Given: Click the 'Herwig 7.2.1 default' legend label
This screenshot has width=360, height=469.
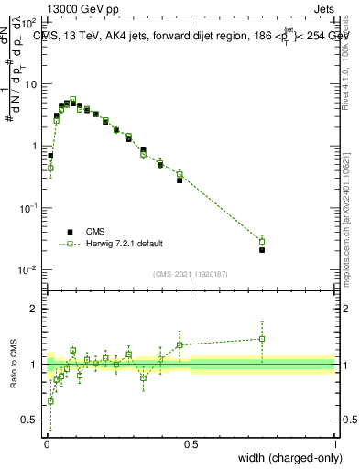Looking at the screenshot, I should click(x=125, y=244).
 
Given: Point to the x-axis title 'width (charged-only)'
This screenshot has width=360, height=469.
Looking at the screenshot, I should click(x=289, y=458).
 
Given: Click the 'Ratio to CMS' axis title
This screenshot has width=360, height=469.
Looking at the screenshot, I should click(x=14, y=365).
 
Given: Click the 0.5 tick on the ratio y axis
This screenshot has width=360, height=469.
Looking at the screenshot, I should click(x=31, y=420).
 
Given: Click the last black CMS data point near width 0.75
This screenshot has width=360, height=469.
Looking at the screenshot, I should click(x=262, y=249).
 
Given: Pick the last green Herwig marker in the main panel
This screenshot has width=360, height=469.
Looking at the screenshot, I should click(x=262, y=242).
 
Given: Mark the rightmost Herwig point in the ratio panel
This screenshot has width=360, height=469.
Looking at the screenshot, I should click(x=262, y=339).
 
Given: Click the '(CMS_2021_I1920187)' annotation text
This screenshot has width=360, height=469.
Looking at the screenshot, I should click(x=191, y=274).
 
